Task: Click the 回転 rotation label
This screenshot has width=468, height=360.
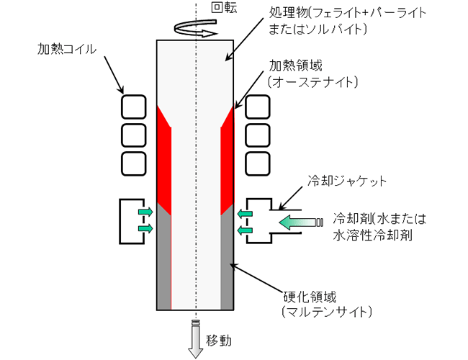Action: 224,8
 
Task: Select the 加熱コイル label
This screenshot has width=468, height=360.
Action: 67,49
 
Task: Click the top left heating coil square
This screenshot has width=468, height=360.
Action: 133,107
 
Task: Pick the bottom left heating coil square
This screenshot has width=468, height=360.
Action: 133,163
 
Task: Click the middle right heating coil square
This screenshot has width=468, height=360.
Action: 257,135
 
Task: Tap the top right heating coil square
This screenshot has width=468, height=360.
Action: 257,107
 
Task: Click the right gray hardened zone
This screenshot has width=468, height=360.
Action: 227,260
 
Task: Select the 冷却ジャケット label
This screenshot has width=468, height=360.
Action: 347,181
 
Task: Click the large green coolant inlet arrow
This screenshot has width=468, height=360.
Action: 301,222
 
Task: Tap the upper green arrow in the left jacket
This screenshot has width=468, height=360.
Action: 145,212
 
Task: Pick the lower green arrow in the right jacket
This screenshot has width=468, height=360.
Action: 245,230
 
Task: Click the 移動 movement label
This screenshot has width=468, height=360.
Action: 219,341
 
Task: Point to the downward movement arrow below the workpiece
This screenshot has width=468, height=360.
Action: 196,339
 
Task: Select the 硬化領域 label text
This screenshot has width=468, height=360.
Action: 310,297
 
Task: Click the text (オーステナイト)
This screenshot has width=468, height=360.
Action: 312,82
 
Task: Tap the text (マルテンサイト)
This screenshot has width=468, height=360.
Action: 327,312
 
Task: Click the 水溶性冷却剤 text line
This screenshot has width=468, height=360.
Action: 372,235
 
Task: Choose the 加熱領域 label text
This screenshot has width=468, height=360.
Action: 295,66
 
